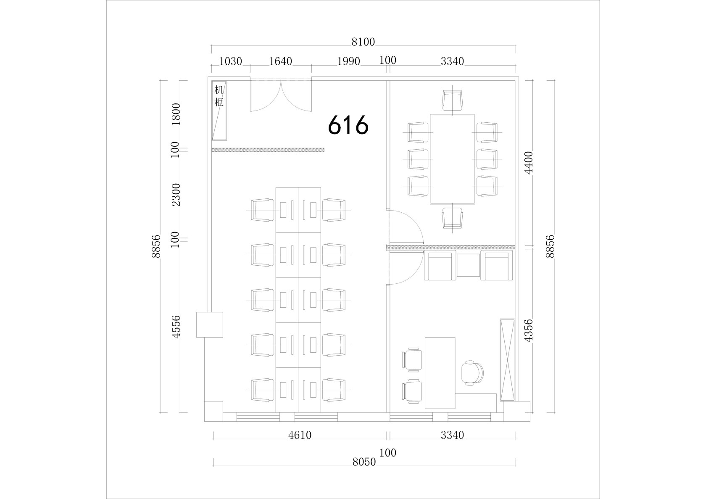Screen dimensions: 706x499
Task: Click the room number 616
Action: coord(348,125)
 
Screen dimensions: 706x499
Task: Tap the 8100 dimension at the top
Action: coord(363,42)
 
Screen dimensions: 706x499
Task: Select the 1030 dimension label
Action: coord(230,61)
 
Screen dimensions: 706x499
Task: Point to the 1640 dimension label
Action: coord(281,61)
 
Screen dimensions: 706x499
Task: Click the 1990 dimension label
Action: coord(349,61)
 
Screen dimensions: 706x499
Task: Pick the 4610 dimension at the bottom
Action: coord(300,436)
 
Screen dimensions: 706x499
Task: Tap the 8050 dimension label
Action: coord(364,462)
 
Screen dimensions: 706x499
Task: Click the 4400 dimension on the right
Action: coord(528,163)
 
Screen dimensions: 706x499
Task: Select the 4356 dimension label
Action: coord(528,330)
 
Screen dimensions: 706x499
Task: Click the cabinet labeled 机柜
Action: coord(219,111)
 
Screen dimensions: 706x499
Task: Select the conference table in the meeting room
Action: coord(452,159)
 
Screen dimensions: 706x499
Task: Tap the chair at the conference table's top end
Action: coord(452,100)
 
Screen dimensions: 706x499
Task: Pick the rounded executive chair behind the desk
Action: coord(472,373)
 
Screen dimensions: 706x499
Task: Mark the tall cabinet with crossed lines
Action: coord(508,360)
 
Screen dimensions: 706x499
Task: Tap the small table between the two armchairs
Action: coord(468,265)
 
